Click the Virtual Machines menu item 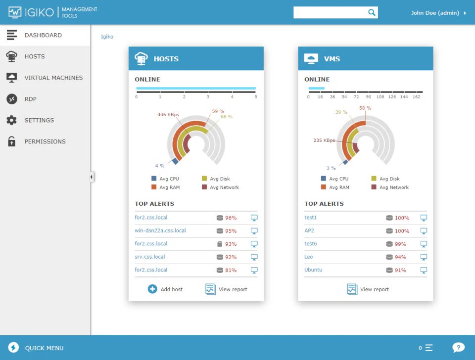click(x=53, y=78)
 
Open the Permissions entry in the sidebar click(x=45, y=141)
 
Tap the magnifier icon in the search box click(x=372, y=13)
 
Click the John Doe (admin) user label click(x=435, y=13)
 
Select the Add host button click(x=165, y=289)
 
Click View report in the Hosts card click(x=227, y=289)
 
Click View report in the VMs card click(x=368, y=289)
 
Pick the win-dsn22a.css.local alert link click(x=160, y=230)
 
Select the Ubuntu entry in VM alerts click(x=313, y=270)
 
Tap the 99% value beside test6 click(x=400, y=244)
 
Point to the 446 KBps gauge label click(x=168, y=115)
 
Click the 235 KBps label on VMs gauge click(x=324, y=140)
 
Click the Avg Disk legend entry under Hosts click(x=220, y=179)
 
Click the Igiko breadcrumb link click(x=107, y=37)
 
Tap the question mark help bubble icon click(x=458, y=348)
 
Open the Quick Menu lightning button click(x=14, y=348)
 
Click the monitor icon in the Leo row click(x=424, y=257)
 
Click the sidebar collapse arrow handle click(x=92, y=177)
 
